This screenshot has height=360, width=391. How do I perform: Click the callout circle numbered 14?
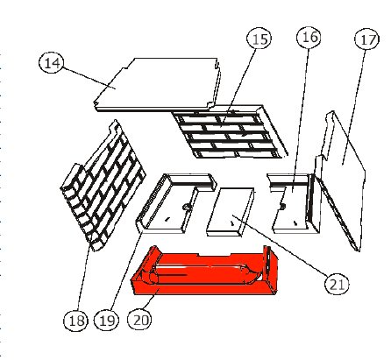point(52,63)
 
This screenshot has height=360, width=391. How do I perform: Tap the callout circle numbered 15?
point(259,39)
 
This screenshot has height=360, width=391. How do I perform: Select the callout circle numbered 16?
point(309,37)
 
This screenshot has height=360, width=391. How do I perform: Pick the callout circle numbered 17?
point(366,39)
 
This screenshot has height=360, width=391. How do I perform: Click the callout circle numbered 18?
point(75,320)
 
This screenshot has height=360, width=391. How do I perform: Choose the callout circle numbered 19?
point(106,321)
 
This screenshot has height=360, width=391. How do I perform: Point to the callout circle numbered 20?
point(140,320)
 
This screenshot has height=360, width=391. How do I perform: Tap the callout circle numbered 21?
point(337,284)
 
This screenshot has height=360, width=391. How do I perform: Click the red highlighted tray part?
point(204,272)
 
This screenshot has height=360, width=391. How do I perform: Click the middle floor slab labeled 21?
point(231,212)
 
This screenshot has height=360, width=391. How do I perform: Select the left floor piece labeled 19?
point(175,203)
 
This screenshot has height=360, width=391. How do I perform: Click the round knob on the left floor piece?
point(186,207)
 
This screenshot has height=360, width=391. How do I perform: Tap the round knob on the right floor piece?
point(282,207)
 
